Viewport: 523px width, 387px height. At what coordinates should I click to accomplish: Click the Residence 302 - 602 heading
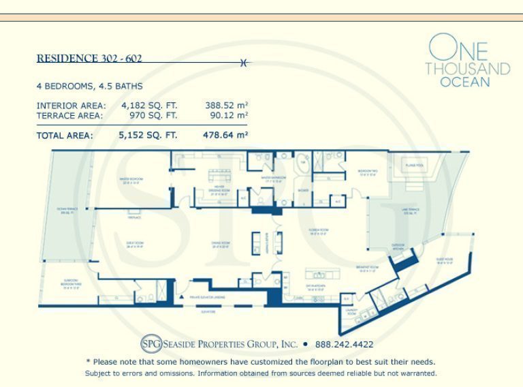tap(89, 59)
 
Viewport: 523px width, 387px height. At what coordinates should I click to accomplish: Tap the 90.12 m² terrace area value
tap(226, 116)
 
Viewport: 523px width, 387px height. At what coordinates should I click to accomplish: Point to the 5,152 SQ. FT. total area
tap(148, 135)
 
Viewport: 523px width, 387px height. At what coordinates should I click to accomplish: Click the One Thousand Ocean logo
tap(467, 61)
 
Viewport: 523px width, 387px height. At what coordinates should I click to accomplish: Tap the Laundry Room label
tap(351, 313)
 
